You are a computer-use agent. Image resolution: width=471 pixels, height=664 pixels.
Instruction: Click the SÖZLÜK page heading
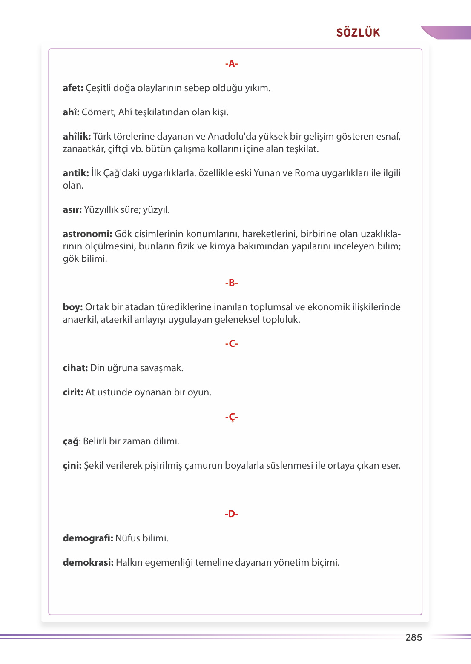click(x=358, y=33)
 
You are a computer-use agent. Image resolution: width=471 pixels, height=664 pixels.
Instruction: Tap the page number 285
click(x=414, y=637)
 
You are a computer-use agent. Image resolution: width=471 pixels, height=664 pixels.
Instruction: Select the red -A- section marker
click(x=232, y=64)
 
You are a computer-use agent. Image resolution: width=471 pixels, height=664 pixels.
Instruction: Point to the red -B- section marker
click(x=232, y=283)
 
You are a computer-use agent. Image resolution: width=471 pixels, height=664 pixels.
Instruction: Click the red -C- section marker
click(x=232, y=344)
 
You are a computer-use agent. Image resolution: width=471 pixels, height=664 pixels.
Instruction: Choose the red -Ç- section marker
click(x=232, y=417)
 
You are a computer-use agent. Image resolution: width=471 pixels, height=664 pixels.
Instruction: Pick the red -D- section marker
click(x=232, y=514)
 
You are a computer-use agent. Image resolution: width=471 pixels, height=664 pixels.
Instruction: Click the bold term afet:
click(x=73, y=88)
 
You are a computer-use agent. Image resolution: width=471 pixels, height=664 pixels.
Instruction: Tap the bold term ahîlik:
click(x=77, y=137)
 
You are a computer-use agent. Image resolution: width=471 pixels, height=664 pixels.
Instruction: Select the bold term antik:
click(x=76, y=173)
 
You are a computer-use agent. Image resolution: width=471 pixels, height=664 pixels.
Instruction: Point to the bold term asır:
click(x=72, y=210)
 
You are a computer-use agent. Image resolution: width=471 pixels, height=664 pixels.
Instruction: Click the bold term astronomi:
click(x=87, y=234)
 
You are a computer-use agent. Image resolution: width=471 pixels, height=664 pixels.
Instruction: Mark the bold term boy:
click(x=73, y=307)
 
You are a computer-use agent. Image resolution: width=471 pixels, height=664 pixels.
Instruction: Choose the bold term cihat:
click(x=75, y=368)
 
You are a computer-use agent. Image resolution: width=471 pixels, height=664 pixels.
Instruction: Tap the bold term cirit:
click(x=73, y=392)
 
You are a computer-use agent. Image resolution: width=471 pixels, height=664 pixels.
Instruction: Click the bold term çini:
click(x=72, y=466)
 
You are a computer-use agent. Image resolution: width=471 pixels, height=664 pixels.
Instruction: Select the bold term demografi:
click(x=88, y=538)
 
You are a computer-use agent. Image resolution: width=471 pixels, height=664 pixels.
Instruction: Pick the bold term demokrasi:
click(x=88, y=563)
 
